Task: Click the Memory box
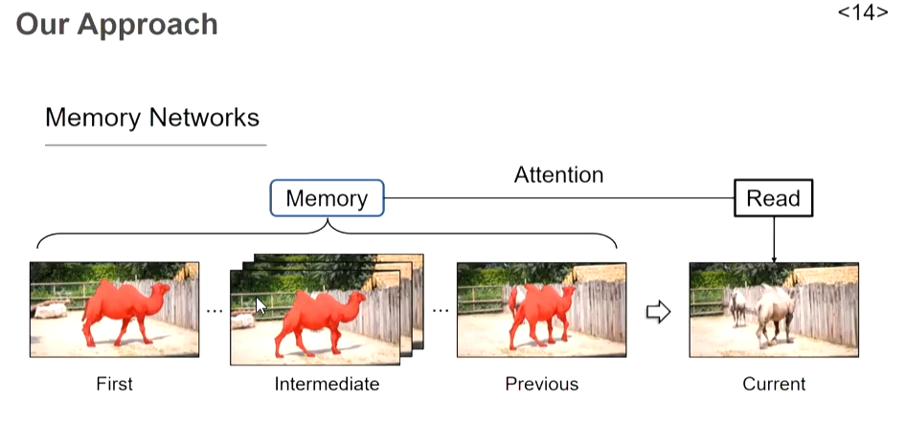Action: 327,198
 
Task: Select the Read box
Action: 773,198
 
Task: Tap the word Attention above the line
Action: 558,174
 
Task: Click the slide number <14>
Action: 863,12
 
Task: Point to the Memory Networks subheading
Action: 152,118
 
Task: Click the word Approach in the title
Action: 147,25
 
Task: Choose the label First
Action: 114,384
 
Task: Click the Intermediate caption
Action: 327,384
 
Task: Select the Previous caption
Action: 541,384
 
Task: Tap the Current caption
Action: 774,384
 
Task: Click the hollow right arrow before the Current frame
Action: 658,312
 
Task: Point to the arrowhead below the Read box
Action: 774,259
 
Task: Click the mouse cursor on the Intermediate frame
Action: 260,305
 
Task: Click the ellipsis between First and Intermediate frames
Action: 215,311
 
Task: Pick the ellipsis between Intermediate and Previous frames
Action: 441,311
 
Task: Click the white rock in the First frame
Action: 51,311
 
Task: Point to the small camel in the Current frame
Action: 737,306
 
